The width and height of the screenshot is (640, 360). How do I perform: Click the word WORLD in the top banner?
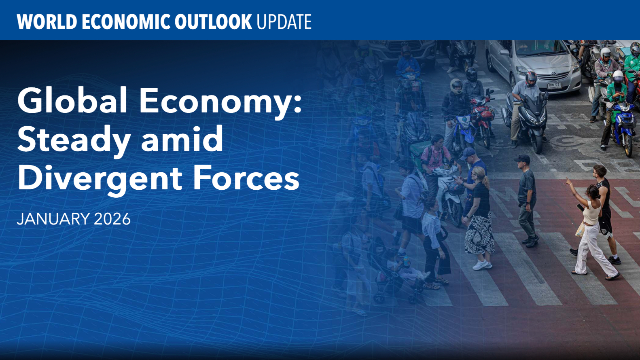47,22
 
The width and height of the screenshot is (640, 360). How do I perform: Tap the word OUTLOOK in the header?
213,22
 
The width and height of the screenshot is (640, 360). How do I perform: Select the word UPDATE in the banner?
284,22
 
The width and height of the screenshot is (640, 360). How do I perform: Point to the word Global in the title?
72,100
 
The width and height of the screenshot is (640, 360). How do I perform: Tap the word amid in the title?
182,139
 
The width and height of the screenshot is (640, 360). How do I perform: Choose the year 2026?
112,219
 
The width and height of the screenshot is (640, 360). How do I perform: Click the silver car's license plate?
554,85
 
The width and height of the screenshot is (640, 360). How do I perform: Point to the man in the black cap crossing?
527,200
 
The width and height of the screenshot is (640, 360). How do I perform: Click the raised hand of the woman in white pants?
568,181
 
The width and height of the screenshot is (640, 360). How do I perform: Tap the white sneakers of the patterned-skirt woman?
482,265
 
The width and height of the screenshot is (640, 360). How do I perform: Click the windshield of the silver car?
534,48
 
